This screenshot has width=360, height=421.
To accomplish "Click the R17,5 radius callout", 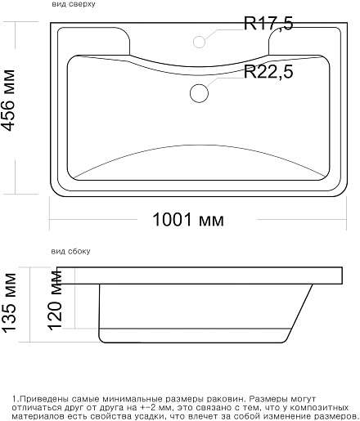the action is coord(268,24).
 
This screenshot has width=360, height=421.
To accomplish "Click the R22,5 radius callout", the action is coord(268,72).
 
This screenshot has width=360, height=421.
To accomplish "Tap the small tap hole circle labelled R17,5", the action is coord(199,42).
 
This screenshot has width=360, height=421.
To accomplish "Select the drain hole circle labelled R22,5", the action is coord(199,93).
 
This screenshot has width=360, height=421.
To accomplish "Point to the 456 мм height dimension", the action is coord(8,101).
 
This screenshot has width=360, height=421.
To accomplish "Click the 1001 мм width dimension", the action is coord(188,220).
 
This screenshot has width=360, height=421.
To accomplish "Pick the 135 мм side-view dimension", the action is coord(9,302).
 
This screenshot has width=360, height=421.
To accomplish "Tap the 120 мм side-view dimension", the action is coord(56,300).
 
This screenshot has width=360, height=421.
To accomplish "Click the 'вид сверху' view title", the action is coord(74,4).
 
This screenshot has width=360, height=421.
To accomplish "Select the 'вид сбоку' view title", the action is coord(70,251).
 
